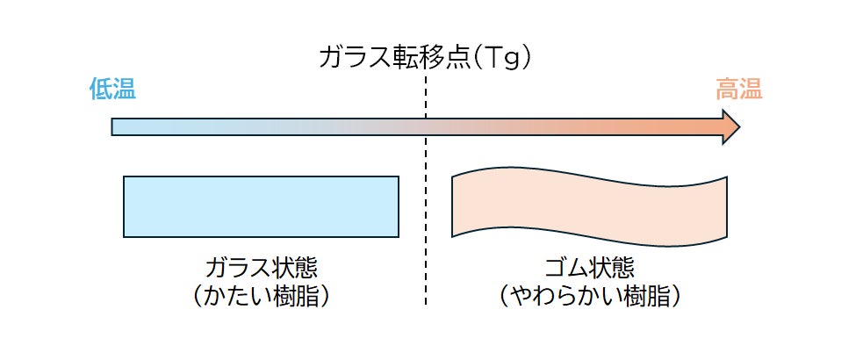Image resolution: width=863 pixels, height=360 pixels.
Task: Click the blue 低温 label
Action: (113, 89)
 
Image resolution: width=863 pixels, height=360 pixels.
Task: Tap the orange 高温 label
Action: (738, 89)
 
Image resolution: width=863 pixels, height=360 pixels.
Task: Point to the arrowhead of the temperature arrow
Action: (730, 127)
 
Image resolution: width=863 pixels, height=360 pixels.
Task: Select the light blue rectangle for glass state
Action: (261, 206)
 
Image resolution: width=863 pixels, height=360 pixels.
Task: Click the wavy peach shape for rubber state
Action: (589, 206)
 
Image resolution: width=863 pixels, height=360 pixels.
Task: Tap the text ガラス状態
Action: (261, 267)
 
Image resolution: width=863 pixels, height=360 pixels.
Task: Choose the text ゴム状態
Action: (589, 267)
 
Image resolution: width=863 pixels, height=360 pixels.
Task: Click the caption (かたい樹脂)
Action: (261, 296)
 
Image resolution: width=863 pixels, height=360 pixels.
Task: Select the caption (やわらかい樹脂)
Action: (589, 296)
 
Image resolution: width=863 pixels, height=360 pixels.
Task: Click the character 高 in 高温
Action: (726, 89)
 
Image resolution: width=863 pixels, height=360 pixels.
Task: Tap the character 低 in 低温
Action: (101, 89)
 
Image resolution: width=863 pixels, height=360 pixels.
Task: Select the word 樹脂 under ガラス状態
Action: (296, 296)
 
